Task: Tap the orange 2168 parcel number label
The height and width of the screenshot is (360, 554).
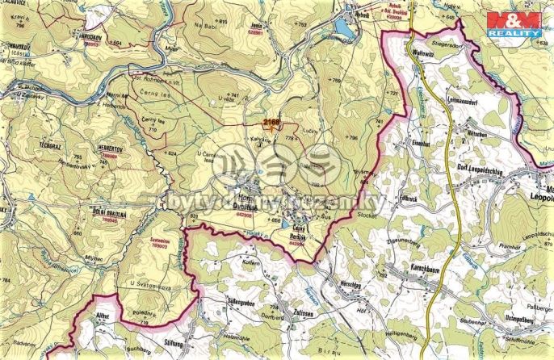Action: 271,122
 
